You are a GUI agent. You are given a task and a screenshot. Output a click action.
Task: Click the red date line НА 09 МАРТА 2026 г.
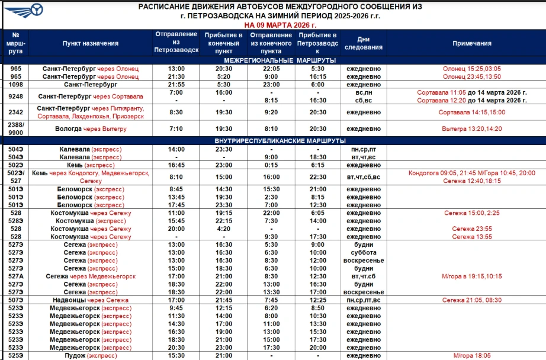click(280, 25)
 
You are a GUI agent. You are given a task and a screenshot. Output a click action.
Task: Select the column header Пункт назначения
click(91, 43)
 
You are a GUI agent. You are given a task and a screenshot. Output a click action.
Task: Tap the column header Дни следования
click(364, 43)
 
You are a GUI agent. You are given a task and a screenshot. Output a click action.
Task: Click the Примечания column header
click(471, 43)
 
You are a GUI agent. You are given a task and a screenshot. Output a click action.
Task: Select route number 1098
click(16, 85)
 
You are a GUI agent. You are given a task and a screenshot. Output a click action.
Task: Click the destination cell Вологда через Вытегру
click(91, 128)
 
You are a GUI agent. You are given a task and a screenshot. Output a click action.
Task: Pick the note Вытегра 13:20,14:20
click(471, 128)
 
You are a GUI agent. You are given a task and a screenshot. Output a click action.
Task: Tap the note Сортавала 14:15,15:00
click(471, 112)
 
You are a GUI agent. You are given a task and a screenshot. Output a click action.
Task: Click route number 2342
click(16, 112)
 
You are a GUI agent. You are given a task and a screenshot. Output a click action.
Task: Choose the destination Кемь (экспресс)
click(91, 165)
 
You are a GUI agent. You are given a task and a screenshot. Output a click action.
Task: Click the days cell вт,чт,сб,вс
click(364, 176)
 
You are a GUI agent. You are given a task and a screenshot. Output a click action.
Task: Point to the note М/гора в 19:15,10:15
click(471, 277)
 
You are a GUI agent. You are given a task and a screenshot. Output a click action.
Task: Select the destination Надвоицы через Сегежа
click(91, 300)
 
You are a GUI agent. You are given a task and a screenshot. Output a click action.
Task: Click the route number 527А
click(16, 277)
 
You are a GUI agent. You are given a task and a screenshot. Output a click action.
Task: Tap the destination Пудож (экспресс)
click(91, 356)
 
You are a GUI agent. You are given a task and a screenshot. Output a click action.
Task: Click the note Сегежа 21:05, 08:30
click(471, 300)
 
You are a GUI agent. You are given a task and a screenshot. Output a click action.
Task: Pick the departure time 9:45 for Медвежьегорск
click(176, 308)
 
